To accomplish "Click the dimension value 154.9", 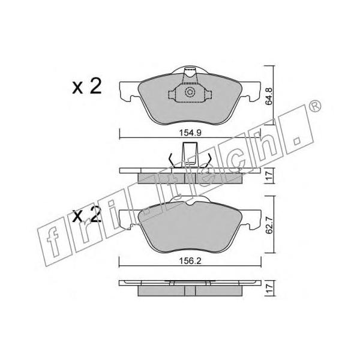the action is point(190,133).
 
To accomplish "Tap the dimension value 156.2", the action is point(190,261).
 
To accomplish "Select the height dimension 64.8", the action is point(269,96).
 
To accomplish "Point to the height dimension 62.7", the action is point(269,225).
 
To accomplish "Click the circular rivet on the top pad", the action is point(190,92).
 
